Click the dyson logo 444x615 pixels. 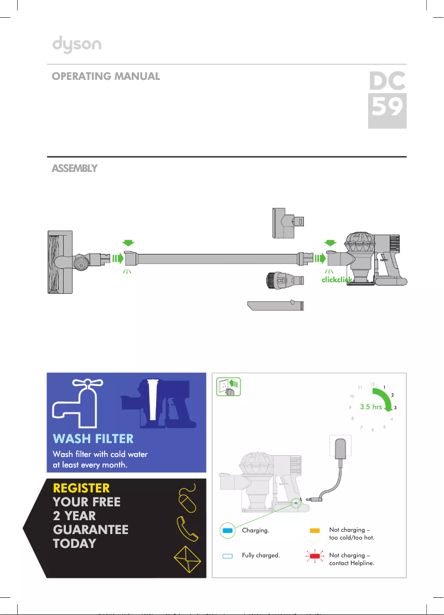(x=77, y=44)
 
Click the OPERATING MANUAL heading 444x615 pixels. (x=106, y=77)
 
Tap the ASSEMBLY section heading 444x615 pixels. (x=75, y=168)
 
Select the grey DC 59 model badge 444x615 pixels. (x=388, y=100)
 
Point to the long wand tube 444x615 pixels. (x=216, y=258)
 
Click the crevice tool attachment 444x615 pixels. (x=276, y=306)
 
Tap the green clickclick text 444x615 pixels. (x=337, y=280)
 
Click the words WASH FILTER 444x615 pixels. (x=93, y=439)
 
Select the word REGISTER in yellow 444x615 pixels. (x=81, y=488)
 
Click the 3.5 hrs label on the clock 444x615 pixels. (x=370, y=406)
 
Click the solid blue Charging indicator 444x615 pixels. (x=226, y=531)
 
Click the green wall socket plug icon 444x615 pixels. (x=226, y=387)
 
